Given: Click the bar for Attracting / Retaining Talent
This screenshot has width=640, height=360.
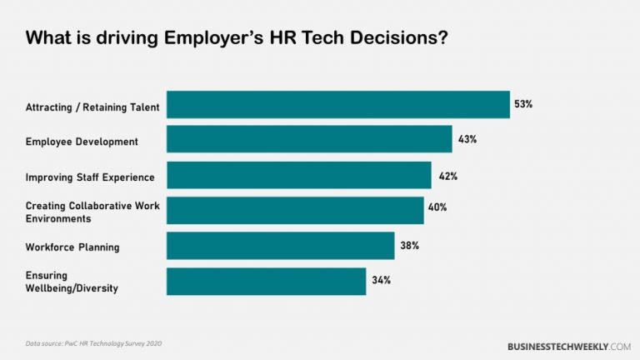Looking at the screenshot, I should coord(338,105).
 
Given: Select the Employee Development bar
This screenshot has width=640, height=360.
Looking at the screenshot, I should coord(309,140).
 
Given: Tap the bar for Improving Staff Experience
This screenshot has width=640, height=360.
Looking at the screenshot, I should coord(299,176).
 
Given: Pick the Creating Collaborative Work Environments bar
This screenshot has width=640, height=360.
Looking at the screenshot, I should coord(295,211).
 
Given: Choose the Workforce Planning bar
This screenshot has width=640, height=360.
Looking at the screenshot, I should coord(281,246).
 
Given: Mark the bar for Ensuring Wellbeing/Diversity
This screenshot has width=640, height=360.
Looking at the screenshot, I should coord(267,281).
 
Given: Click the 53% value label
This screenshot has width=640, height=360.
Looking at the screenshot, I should coord(524,104).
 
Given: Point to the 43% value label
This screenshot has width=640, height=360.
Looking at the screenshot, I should coord(467,139).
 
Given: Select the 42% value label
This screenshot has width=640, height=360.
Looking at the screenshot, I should coord(447,176).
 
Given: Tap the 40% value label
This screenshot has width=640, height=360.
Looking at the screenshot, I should coord(437,207).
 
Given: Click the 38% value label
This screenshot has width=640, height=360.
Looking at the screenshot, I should coord(409,246).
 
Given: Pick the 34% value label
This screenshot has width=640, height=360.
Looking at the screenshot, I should coord(381,281).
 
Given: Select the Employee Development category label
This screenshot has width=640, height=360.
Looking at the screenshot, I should coord(82,142).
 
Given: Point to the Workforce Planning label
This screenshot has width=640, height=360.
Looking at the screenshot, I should coord(72,247).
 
